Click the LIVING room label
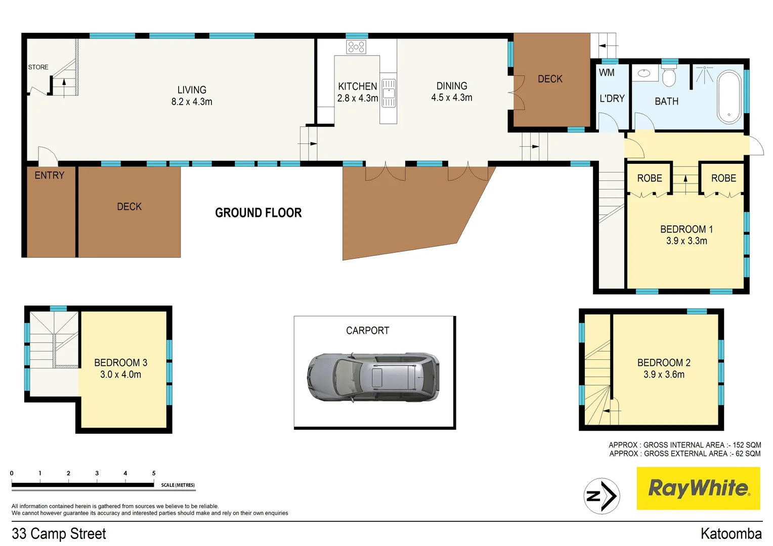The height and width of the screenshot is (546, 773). pyautogui.click(x=192, y=90)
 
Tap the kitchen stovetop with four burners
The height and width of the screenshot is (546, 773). pyautogui.click(x=356, y=47)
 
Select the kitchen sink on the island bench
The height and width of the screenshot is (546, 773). pyautogui.click(x=388, y=93)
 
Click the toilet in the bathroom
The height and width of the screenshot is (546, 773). pyautogui.click(x=669, y=76)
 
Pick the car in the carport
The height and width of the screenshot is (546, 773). pyautogui.click(x=373, y=377)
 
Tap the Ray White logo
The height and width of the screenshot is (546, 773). pyautogui.click(x=698, y=488)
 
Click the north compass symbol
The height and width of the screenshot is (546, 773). pyautogui.click(x=602, y=496)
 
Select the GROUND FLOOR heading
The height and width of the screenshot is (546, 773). pyautogui.click(x=258, y=213)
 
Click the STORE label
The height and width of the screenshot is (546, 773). pyautogui.click(x=38, y=67)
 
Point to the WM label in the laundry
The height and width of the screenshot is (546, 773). pyautogui.click(x=607, y=73)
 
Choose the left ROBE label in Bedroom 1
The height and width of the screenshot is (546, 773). pyautogui.click(x=650, y=178)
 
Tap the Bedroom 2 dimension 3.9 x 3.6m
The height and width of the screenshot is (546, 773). pyautogui.click(x=664, y=375)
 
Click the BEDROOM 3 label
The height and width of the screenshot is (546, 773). pyautogui.click(x=120, y=362)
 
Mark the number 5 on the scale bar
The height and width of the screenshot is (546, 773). pyautogui.click(x=154, y=473)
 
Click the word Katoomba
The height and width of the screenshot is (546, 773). pyautogui.click(x=731, y=533)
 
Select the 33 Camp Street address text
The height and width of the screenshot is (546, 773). pyautogui.click(x=59, y=533)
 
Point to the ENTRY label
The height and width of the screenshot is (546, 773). pyautogui.click(x=49, y=175)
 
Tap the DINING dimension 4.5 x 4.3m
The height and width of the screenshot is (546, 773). pyautogui.click(x=451, y=98)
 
